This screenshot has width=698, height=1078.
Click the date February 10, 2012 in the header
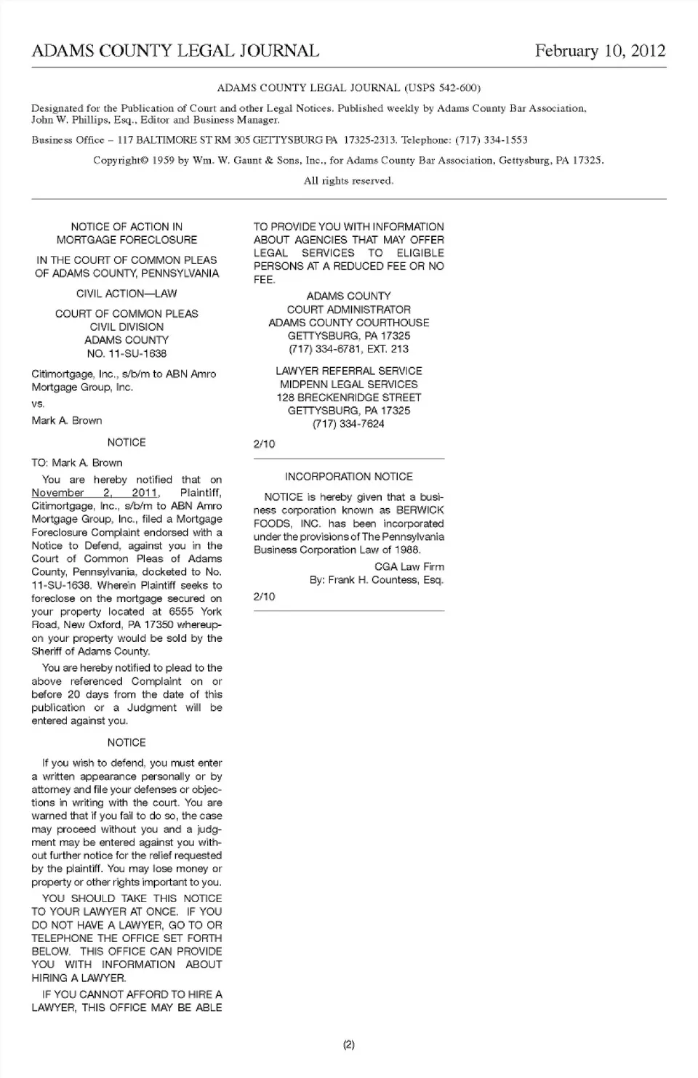(x=600, y=50)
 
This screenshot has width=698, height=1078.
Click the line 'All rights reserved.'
(x=348, y=180)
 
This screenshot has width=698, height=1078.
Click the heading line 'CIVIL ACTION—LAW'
(x=127, y=294)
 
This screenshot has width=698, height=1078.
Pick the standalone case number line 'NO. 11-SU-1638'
(x=127, y=353)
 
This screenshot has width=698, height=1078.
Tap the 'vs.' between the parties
(x=38, y=403)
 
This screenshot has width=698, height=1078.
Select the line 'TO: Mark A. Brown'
(x=77, y=462)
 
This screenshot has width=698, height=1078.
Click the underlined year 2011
(x=145, y=493)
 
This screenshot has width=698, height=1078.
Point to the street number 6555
(x=181, y=611)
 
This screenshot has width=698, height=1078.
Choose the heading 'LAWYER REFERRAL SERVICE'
(x=348, y=371)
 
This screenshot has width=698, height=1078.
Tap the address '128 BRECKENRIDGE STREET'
(x=348, y=398)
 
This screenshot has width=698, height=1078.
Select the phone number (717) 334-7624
(x=348, y=424)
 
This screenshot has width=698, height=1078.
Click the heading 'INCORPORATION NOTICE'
(x=348, y=477)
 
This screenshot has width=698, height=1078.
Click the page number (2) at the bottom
(x=348, y=1045)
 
